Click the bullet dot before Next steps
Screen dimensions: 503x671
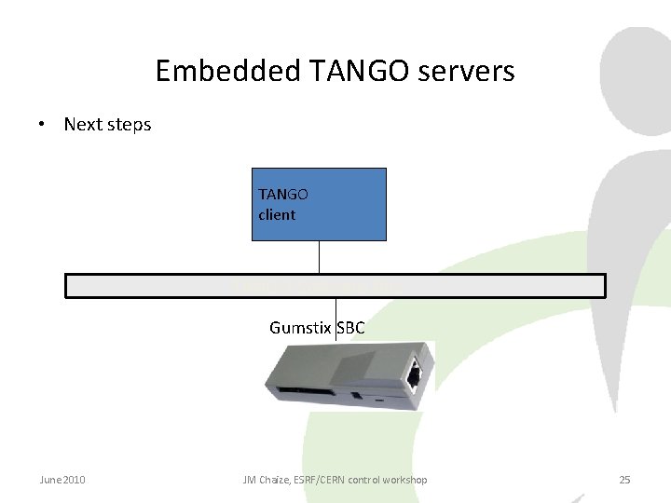click(x=43, y=124)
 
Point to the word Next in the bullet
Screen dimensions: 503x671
click(x=83, y=124)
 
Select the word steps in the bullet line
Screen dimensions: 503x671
click(x=129, y=125)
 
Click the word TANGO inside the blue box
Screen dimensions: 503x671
click(x=283, y=195)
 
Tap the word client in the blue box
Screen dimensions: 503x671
click(x=277, y=214)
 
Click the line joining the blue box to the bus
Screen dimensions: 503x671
click(x=320, y=257)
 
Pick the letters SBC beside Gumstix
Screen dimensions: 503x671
click(x=350, y=328)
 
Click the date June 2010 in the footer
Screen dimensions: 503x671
click(x=62, y=480)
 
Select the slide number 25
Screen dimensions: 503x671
click(x=624, y=480)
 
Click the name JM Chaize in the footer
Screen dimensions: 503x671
click(x=265, y=480)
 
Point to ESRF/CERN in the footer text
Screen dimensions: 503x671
click(x=322, y=480)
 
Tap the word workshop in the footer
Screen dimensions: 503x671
click(x=405, y=480)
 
